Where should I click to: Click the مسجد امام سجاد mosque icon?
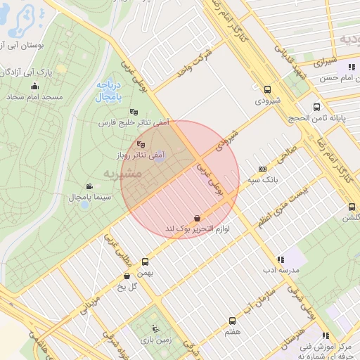pyautogui.click(x=34, y=86)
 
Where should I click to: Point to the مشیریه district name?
pyautogui.click(x=123, y=173)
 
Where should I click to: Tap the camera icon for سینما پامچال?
pyautogui.click(x=89, y=187)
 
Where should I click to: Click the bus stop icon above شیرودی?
pyautogui.click(x=267, y=89)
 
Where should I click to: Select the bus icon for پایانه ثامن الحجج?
pyautogui.click(x=317, y=108)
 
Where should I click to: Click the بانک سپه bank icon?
pyautogui.click(x=263, y=169)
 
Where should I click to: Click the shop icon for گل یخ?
pyautogui.click(x=126, y=276)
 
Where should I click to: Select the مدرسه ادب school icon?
pyautogui.click(x=281, y=259)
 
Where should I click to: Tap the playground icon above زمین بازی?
pyautogui.click(x=156, y=328)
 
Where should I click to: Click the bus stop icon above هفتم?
pyautogui.click(x=232, y=321)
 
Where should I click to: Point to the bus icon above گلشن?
pyautogui.click(x=352, y=207)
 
